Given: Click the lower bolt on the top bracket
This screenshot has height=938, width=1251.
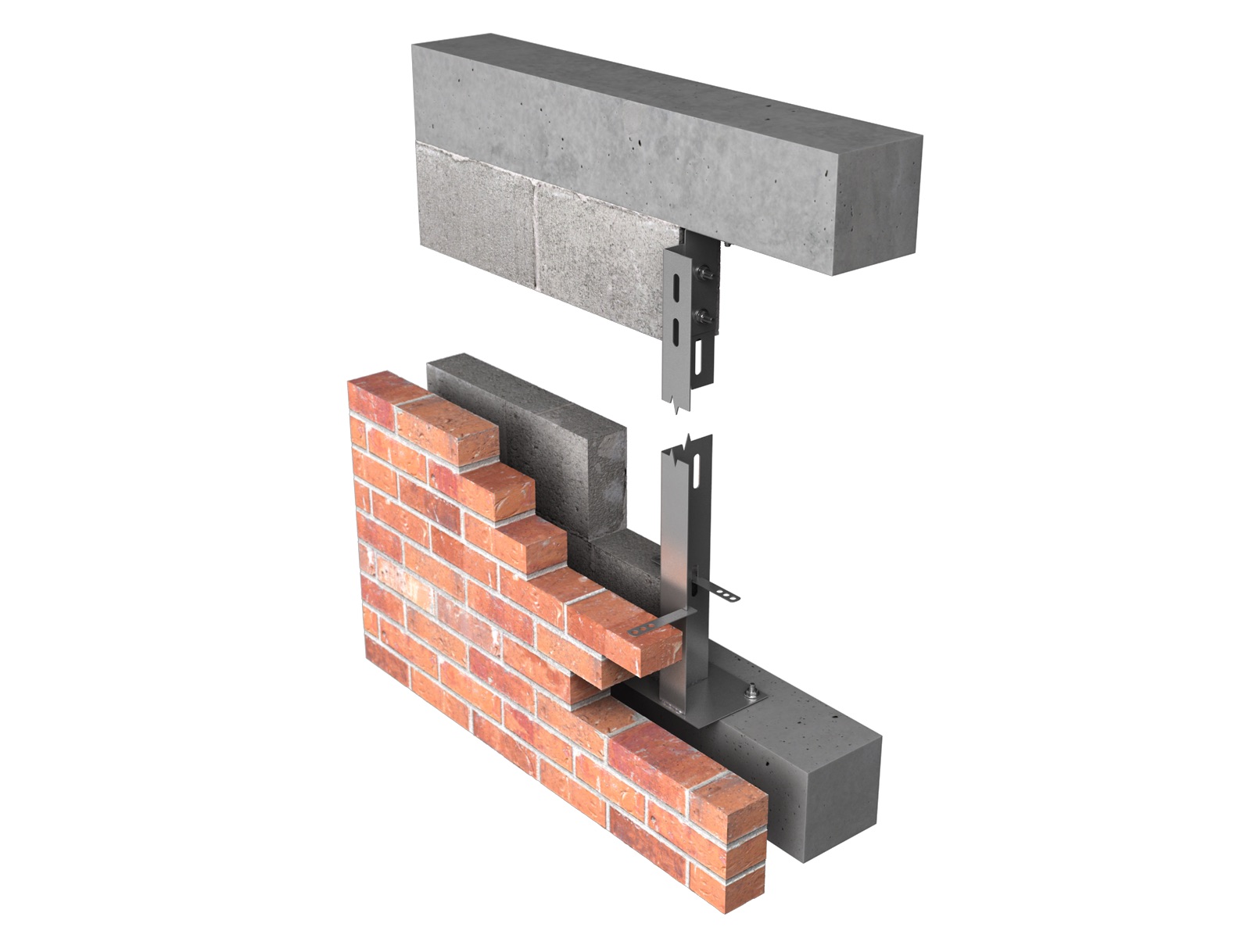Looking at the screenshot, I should coord(705,316).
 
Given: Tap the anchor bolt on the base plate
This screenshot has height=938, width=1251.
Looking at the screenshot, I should coord(751,691).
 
